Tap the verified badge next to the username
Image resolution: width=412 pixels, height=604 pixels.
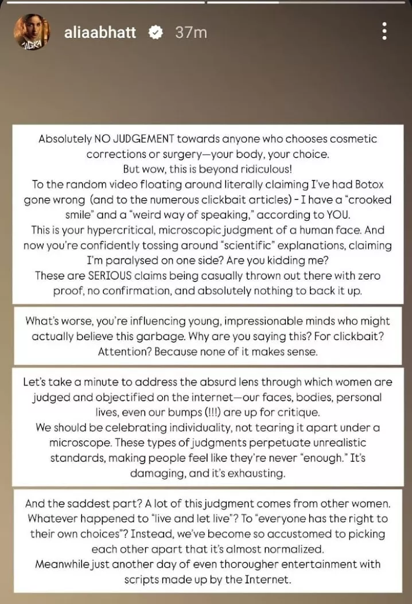(155, 32)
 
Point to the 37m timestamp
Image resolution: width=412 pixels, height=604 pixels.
(191, 32)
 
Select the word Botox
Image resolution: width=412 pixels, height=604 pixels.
(368, 184)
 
